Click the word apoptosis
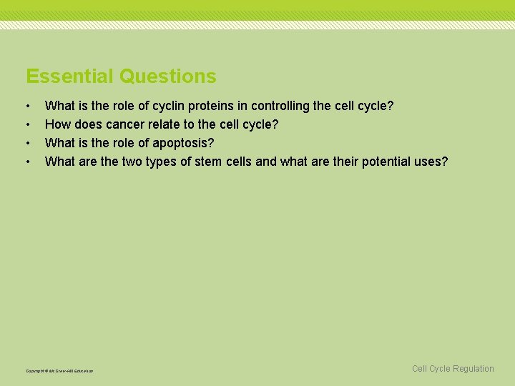182,143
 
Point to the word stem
209,162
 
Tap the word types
162,162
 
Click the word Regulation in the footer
472,369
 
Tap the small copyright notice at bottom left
59,371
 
